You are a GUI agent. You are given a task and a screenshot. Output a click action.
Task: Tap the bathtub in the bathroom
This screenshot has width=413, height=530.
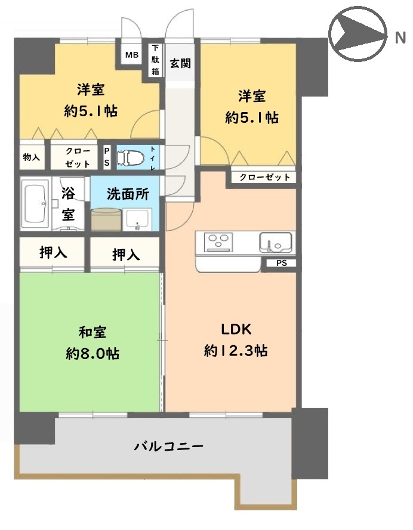tap(35, 203)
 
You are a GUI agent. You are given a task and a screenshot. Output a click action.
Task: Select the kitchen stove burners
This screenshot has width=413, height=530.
tap(218, 243)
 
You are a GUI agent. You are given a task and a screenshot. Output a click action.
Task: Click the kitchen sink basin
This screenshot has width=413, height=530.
tap(276, 243)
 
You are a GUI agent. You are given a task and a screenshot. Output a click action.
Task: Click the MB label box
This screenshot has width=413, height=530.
tap(131, 54)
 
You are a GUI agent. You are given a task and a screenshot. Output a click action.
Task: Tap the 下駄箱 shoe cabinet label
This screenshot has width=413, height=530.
tap(155, 60)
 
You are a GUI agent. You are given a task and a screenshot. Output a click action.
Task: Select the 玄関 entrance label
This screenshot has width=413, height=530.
tap(180, 63)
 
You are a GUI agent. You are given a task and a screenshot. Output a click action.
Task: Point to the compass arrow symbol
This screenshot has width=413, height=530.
tap(359, 34)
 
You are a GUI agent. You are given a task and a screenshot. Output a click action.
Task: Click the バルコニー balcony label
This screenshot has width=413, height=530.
tap(169, 447)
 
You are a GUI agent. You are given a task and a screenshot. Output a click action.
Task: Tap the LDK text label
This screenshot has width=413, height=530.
tap(236, 329)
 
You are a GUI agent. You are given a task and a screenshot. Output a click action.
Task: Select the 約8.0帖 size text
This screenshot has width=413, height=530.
tap(93, 354)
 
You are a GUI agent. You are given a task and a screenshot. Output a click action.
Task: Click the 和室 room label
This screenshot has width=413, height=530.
tap(93, 332)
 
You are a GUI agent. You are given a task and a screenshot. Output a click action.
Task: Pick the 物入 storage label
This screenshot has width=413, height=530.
tap(32, 157)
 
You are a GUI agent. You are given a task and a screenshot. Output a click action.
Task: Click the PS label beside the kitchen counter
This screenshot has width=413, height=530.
tap(282, 263)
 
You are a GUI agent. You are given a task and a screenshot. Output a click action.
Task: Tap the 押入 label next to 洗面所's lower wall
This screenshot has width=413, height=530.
tap(126, 255)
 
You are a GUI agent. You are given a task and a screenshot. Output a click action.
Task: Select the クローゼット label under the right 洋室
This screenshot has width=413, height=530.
tap(265, 177)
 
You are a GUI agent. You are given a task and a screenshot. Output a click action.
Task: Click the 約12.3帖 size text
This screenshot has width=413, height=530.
tap(236, 351)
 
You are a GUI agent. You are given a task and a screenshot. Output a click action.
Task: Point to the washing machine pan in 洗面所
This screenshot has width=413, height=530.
tap(106, 219)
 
